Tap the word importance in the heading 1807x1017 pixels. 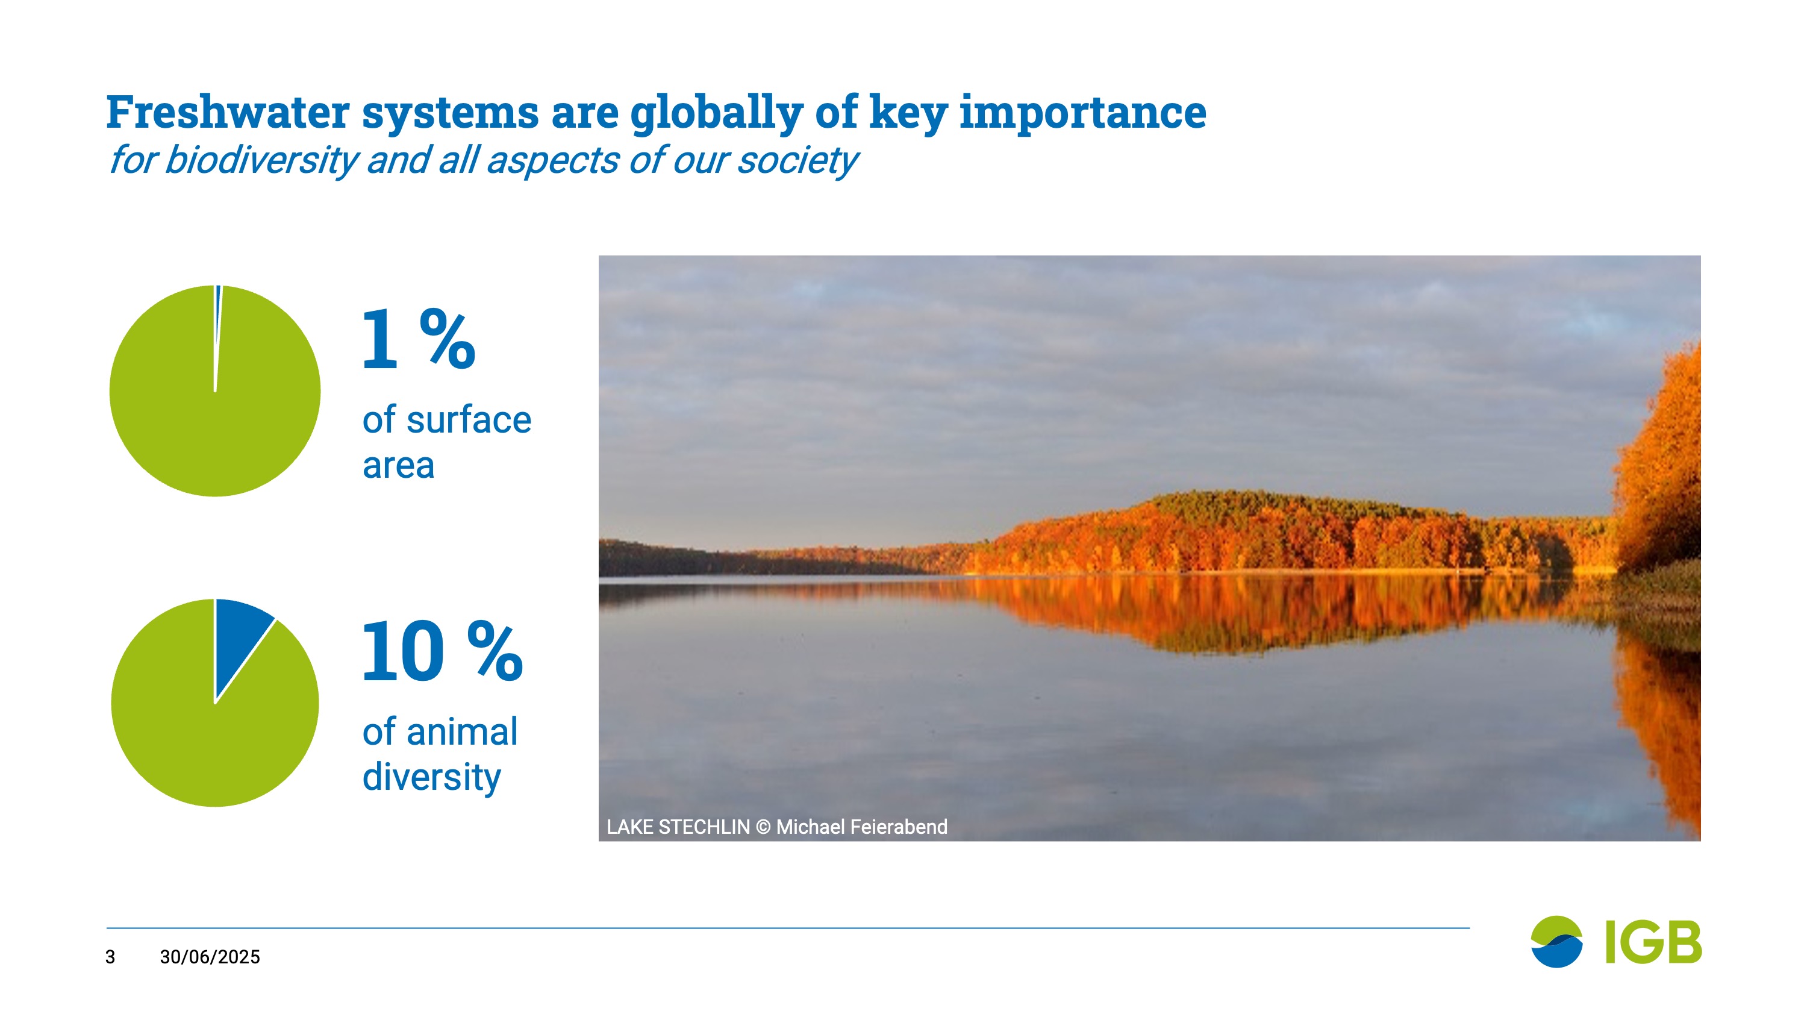pos(1083,114)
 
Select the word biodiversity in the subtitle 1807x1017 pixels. pos(261,161)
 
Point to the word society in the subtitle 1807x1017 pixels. pos(798,161)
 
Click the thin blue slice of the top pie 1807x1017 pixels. pos(217,309)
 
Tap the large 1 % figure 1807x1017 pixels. pos(419,339)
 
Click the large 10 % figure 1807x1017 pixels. pos(443,651)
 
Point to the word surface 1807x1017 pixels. pos(469,420)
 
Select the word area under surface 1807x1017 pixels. pos(398,465)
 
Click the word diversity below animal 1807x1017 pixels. pos(431,778)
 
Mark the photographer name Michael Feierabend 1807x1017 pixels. pos(861,827)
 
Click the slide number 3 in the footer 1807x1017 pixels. pos(110,957)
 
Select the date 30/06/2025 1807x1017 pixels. pos(210,957)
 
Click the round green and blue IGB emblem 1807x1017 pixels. pos(1556,941)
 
